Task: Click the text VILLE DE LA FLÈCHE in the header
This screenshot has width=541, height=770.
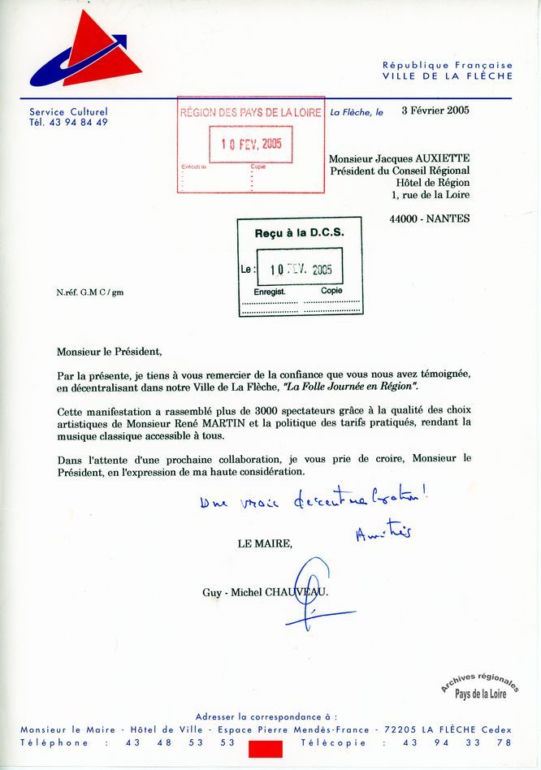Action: (x=448, y=76)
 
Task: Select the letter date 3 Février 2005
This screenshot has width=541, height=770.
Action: (x=435, y=111)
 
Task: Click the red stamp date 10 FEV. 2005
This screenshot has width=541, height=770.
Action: (x=251, y=144)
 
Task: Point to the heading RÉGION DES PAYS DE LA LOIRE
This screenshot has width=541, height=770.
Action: (x=251, y=113)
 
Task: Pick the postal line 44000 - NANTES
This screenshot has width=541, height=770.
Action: (x=429, y=219)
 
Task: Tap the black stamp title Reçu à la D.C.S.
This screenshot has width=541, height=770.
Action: (x=300, y=233)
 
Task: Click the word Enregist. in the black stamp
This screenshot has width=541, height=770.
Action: (x=270, y=291)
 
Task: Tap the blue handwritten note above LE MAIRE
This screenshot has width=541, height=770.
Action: (x=313, y=501)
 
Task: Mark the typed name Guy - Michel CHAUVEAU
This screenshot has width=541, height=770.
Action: (x=266, y=593)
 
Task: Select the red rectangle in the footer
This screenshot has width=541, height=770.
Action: (x=266, y=749)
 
